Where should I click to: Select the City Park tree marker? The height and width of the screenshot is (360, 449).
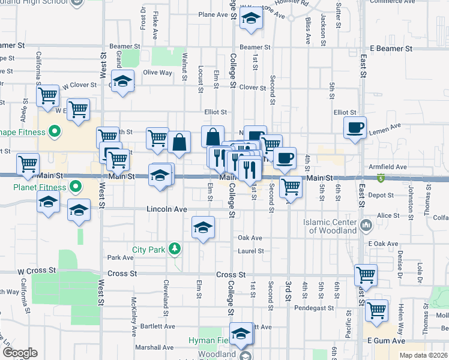coord(174,248)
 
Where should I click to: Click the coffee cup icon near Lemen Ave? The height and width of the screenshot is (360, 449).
coord(355,127)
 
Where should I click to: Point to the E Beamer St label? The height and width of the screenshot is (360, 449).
coord(391,48)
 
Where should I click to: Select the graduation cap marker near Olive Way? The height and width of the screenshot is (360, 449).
coord(123,81)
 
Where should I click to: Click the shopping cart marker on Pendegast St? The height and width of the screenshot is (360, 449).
coord(377,311)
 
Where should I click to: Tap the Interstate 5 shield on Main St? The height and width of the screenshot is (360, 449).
coord(380,178)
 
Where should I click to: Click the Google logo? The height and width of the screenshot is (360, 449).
coord(20,353)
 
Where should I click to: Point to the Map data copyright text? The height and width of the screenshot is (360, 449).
coord(423,355)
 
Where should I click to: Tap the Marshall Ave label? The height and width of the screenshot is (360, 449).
coord(155,347)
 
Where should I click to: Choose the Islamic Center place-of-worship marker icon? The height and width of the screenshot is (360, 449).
coord(366,226)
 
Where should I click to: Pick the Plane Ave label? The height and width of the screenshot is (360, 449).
coord(215,14)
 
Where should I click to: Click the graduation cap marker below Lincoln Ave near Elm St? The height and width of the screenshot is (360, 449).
coord(203,227)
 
